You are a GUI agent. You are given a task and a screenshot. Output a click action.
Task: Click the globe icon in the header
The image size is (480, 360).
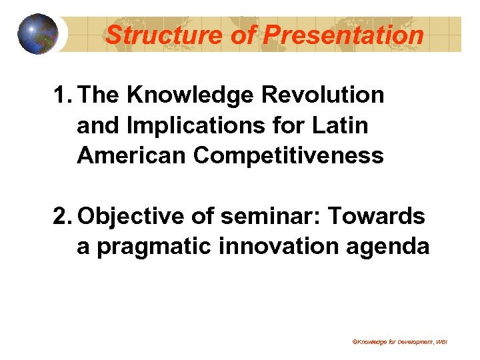click(x=37, y=33)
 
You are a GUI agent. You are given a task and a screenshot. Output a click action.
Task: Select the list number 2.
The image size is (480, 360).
click(x=62, y=217)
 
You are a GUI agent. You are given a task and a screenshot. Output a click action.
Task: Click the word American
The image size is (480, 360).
click(x=131, y=155)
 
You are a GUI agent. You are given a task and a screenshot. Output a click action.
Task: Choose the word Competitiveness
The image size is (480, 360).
click(x=289, y=155)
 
